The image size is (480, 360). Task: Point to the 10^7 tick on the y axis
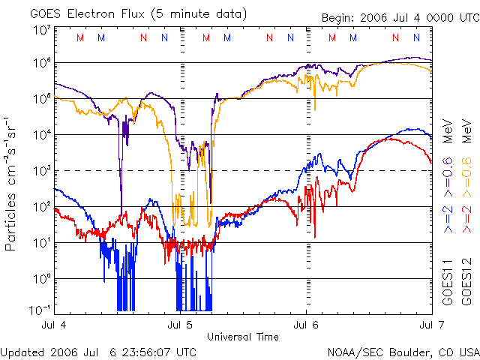(41, 31)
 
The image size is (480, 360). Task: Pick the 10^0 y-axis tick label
(41, 278)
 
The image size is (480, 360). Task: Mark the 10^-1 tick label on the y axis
(40, 309)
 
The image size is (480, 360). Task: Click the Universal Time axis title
(242, 337)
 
